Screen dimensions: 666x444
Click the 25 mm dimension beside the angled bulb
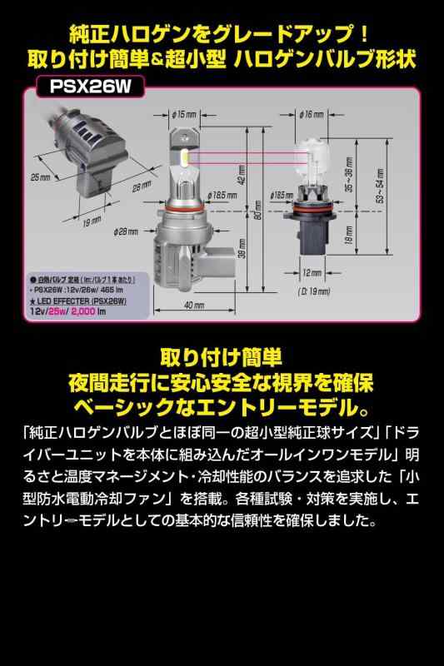[x=39, y=177]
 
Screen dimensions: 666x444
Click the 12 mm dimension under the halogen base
[x=311, y=272]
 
